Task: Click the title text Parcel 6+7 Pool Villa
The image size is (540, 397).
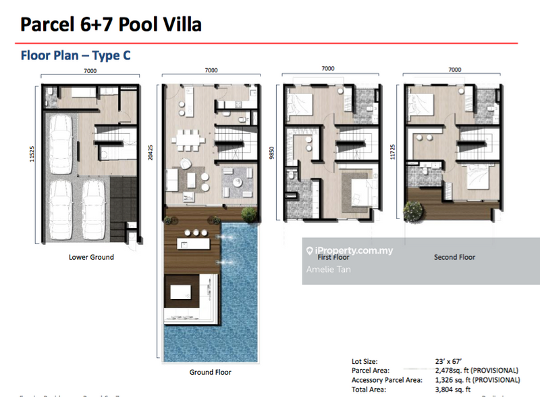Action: pos(111,24)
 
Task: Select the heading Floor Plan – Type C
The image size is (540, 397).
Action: pos(75,56)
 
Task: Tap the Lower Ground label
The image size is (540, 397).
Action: pos(91,257)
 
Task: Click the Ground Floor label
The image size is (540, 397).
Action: pos(210,372)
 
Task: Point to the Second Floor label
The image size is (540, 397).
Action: pos(454,257)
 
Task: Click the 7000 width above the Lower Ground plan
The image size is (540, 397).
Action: pos(90,70)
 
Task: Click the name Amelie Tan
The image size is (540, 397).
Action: pos(328,269)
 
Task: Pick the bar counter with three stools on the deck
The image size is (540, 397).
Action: pos(196,241)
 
